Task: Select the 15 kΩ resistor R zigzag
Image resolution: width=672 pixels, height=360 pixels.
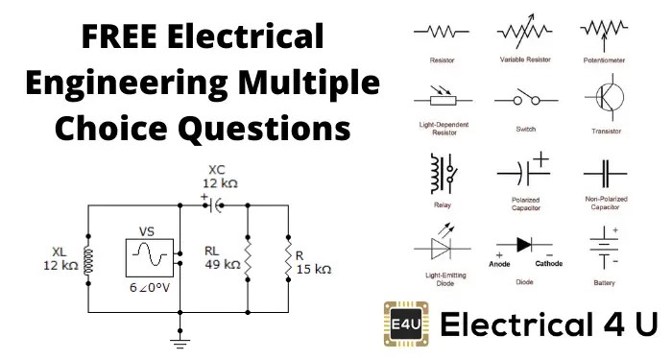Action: [x=286, y=257]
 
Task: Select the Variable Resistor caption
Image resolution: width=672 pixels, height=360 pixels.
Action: [x=523, y=60]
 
